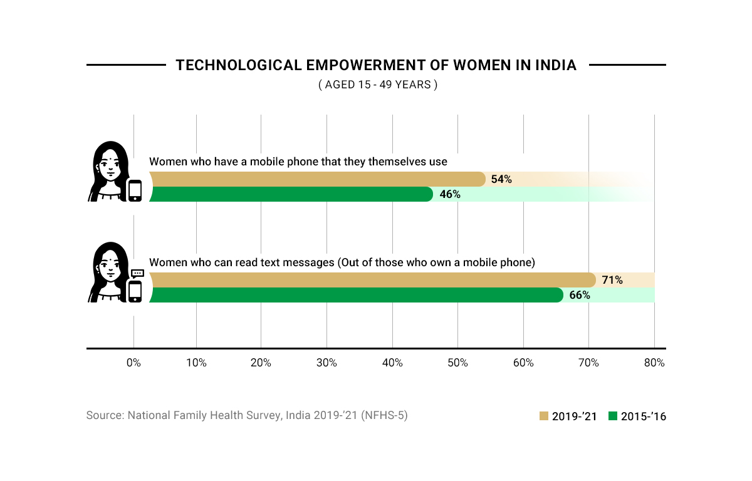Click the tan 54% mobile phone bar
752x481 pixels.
[316, 179]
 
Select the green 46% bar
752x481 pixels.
[291, 194]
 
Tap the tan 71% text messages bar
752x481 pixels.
[372, 280]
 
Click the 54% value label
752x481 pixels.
[501, 179]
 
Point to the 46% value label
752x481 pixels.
[450, 194]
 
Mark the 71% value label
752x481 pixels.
[612, 280]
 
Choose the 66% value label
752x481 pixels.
[580, 295]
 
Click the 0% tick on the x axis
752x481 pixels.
[133, 363]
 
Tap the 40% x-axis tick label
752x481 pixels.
[392, 363]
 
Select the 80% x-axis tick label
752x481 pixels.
[654, 363]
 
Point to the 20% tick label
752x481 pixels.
[261, 363]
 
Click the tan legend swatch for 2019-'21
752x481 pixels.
[544, 416]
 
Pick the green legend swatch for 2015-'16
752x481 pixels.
[613, 416]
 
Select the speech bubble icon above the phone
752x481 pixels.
[138, 273]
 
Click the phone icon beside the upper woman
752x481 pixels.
[135, 190]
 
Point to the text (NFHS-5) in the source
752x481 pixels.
[384, 415]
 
